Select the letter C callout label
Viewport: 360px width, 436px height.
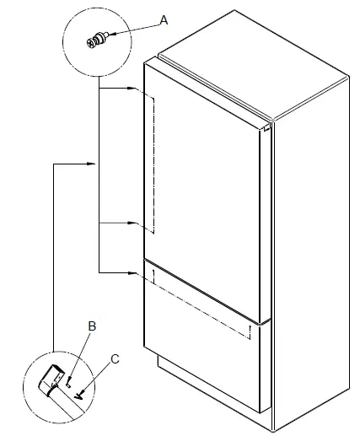(116, 358)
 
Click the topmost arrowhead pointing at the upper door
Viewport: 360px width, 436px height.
(131, 88)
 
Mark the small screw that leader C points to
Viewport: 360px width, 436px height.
(80, 392)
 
